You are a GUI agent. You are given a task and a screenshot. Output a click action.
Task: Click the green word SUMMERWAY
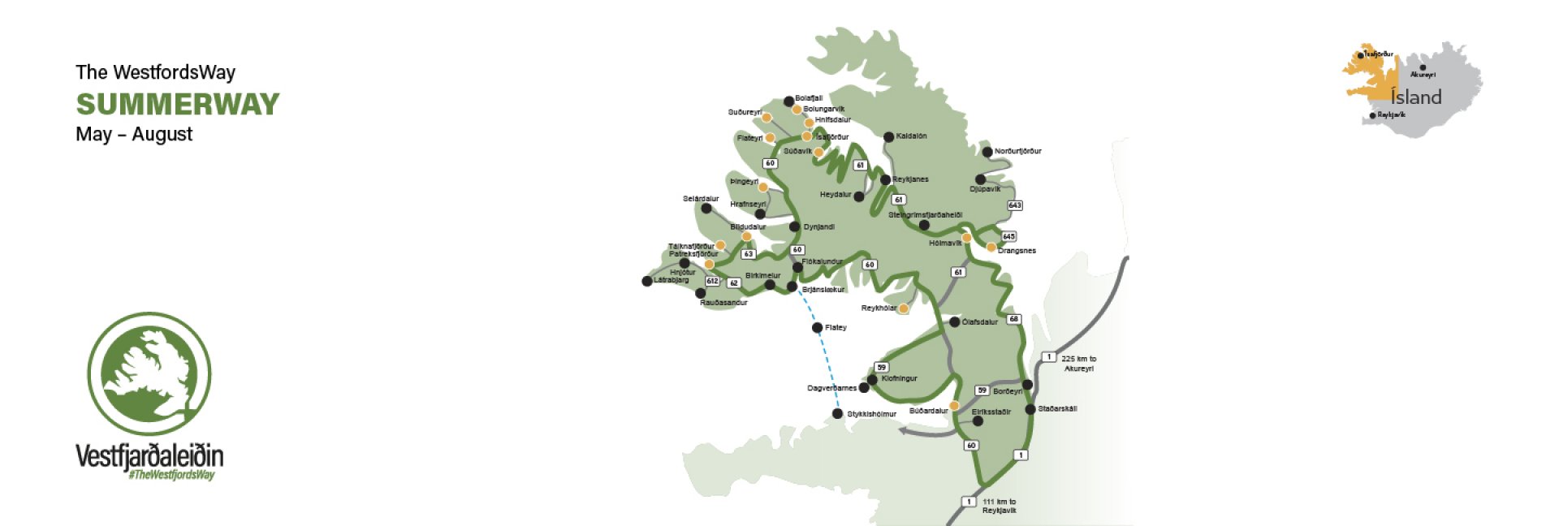coord(178,104)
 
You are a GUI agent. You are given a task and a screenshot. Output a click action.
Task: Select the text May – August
coord(134,135)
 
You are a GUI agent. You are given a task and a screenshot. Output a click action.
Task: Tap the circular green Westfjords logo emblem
coord(149,374)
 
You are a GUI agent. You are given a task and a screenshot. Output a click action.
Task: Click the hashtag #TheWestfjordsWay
coord(171,475)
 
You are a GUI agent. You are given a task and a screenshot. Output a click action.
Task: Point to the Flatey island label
coord(836,328)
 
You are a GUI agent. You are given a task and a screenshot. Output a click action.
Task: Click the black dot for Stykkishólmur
coord(838,414)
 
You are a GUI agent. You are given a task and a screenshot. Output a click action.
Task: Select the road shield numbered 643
coord(1015,205)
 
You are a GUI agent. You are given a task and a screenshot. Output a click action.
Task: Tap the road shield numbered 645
coord(1008,236)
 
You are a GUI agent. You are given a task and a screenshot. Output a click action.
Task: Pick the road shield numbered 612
coord(712,281)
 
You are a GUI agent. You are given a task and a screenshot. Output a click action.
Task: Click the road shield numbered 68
coord(1013,319)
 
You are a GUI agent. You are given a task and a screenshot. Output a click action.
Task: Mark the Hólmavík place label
coord(945,244)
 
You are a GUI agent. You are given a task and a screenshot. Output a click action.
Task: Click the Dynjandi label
coord(818,227)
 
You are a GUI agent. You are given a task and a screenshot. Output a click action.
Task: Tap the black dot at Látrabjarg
coord(647,282)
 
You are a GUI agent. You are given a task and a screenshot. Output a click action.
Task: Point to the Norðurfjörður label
coord(1017,151)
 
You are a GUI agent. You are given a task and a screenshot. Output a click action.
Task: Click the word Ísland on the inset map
coord(1416,97)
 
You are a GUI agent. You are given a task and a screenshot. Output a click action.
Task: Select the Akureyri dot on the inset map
coord(1423,67)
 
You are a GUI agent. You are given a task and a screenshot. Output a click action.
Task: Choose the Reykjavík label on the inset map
coord(1391,115)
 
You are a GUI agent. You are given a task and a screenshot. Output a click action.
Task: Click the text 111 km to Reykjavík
coord(999,507)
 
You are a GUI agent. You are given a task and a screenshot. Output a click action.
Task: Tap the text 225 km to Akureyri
coord(1078,364)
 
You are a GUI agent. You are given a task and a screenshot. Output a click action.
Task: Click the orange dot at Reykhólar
coord(903,308)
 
